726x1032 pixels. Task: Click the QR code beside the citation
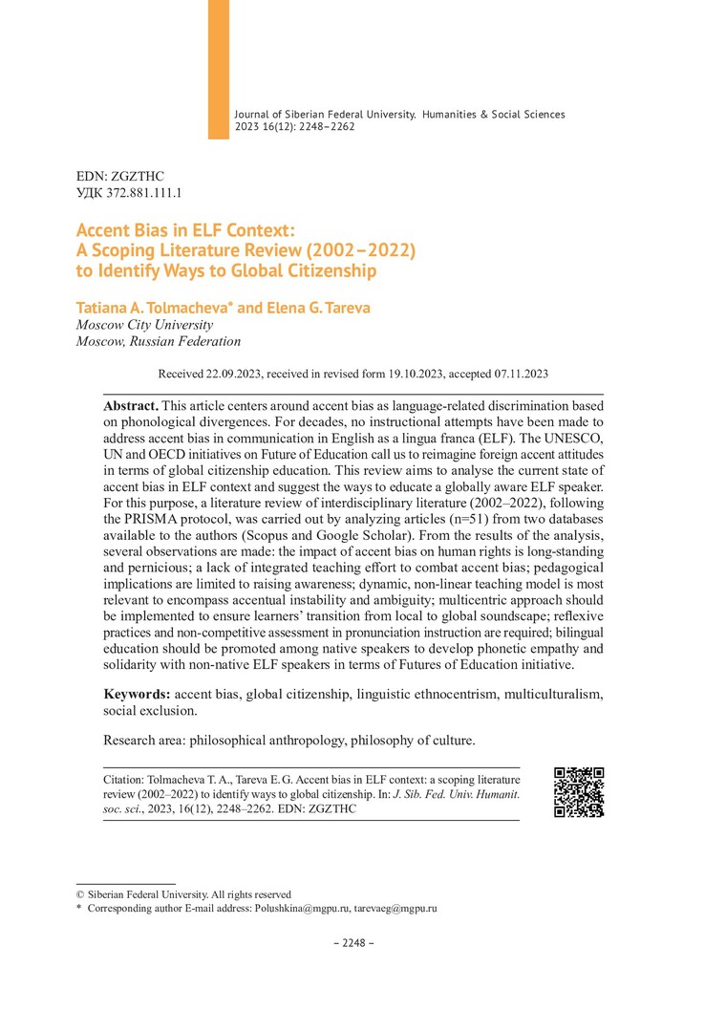click(x=579, y=792)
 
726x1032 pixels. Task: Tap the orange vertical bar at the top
click(x=219, y=69)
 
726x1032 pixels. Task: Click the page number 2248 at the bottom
click(x=353, y=943)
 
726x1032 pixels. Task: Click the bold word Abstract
click(x=131, y=405)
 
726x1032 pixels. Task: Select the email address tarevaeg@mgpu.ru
click(x=395, y=909)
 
